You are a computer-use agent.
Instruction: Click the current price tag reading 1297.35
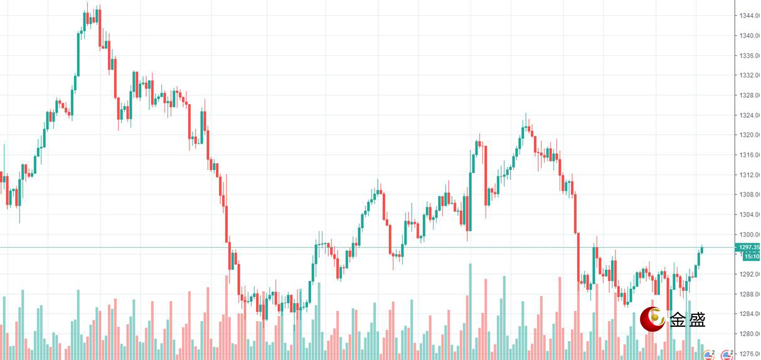coord(750,247)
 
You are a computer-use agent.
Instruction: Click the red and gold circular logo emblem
coord(652,320)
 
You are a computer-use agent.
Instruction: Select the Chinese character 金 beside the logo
coord(678,320)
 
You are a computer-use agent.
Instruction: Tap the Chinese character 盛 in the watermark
coord(697,320)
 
